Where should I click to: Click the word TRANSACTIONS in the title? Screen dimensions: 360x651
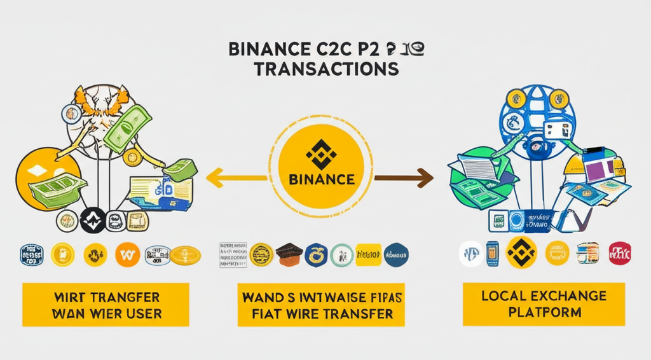[x=326, y=69]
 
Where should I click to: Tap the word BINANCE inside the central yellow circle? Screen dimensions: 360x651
[x=322, y=179]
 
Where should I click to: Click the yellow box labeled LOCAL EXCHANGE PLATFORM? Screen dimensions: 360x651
[x=544, y=304]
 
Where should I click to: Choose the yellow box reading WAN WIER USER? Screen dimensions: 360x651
[x=106, y=305]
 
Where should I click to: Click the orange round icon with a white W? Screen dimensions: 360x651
[x=127, y=255]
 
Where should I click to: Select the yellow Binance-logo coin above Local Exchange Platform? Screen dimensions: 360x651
[x=521, y=253]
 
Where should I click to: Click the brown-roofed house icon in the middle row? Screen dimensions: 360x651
[x=289, y=253]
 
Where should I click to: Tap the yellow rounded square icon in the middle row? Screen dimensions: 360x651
[x=367, y=254]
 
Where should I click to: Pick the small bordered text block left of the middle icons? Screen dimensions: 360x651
[x=233, y=254]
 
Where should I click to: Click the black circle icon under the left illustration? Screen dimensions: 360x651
[x=93, y=221]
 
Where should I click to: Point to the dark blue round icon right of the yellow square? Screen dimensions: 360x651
[x=396, y=254]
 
